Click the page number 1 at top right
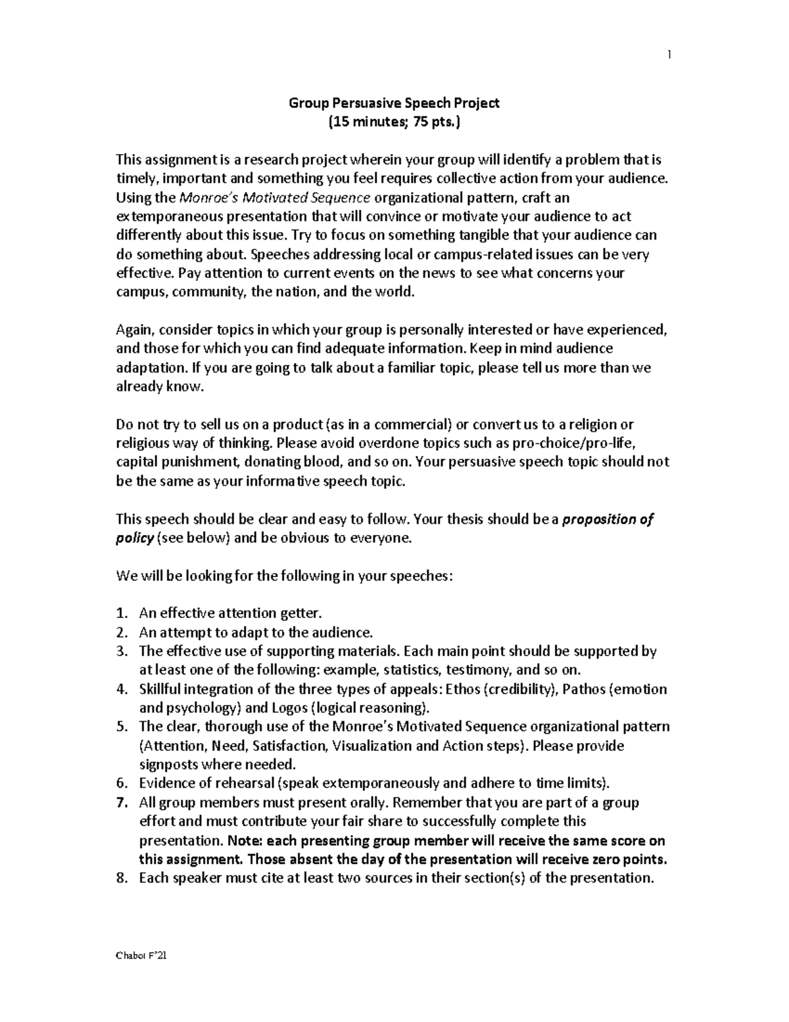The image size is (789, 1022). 669,55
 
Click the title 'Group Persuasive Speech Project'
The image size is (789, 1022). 394,103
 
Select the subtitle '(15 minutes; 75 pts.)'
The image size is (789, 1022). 394,122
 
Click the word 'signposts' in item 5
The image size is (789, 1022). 168,765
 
